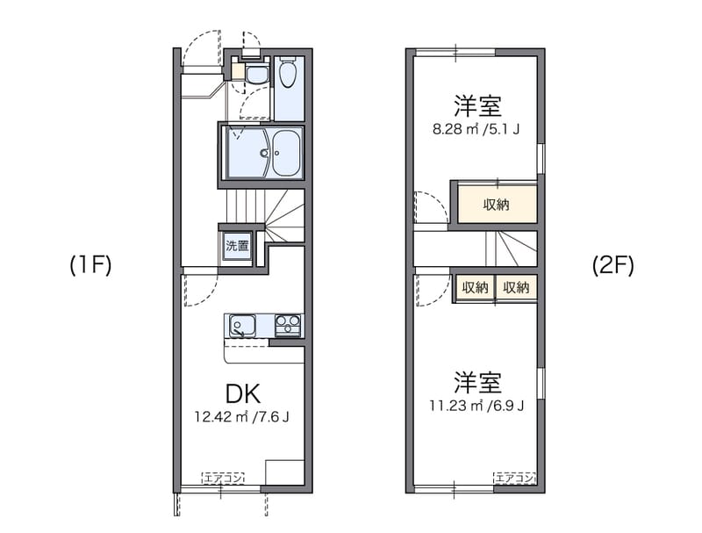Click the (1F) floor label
90,265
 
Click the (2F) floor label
612,265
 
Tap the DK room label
241,393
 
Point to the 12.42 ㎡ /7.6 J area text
241,416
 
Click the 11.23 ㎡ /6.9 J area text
477,406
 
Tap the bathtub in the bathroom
286,154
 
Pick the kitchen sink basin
241,327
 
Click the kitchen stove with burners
287,326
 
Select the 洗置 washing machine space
237,247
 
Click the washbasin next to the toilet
256,74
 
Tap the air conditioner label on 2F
514,479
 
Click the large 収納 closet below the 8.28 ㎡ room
497,205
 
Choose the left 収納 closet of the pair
475,287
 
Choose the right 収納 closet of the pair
516,287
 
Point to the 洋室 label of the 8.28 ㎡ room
477,107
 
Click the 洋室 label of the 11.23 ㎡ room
477,383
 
